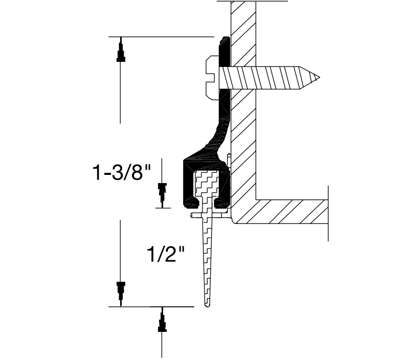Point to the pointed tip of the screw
click(x=320, y=78)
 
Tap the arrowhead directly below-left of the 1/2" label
click(x=121, y=290)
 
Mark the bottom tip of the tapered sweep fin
click(x=208, y=305)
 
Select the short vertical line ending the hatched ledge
click(x=327, y=212)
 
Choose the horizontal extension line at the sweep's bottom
click(x=151, y=307)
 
